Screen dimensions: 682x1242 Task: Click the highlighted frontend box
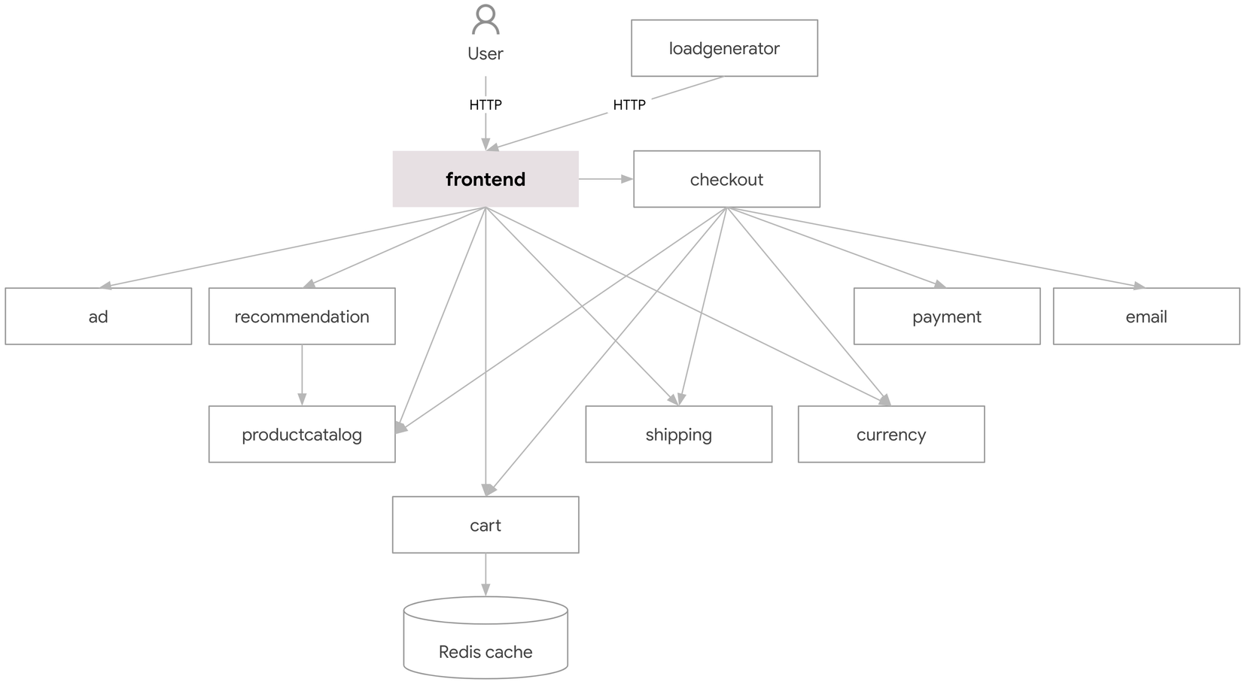point(486,179)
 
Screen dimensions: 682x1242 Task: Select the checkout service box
point(726,179)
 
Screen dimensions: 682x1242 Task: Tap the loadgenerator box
point(724,48)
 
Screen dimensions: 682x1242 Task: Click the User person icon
point(486,20)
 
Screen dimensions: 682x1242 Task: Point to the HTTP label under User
point(486,105)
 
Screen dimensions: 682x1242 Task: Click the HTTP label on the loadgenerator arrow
point(629,105)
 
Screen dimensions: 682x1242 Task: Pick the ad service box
point(98,317)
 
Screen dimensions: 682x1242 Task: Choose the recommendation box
point(301,317)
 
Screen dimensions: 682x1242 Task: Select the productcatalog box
point(301,435)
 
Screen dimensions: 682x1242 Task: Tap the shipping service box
point(678,435)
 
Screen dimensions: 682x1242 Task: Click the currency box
point(890,435)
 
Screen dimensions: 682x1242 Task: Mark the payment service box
point(946,317)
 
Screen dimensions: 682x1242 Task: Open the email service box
point(1146,317)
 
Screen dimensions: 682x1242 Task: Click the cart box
point(486,525)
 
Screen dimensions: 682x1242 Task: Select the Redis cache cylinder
point(486,639)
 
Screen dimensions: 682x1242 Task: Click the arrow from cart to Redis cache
point(486,574)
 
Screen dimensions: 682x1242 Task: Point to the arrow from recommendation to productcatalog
point(302,374)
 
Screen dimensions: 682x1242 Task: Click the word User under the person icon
point(486,53)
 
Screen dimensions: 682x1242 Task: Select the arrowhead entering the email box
point(1139,285)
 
